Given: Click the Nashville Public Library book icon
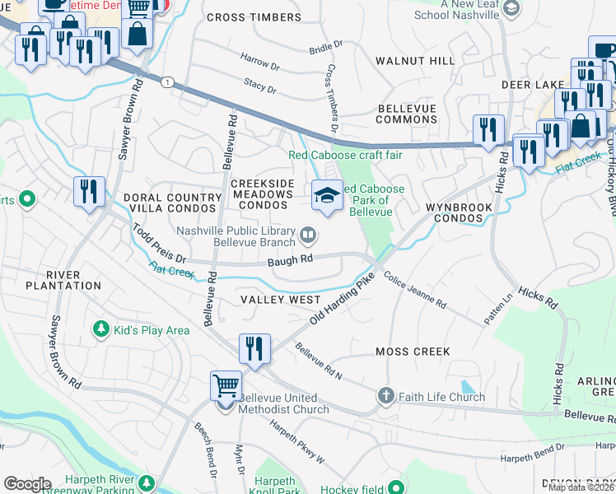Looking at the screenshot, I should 308,236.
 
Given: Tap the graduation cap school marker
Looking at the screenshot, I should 327,196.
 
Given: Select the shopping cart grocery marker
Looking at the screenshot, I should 226,384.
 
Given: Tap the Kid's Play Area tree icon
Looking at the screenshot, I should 102,329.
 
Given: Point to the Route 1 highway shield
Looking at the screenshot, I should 168,82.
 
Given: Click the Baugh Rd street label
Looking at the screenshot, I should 291,259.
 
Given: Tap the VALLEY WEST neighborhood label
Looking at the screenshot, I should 280,300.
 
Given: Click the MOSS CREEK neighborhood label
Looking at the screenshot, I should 413,352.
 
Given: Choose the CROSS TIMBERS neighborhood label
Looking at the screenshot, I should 254,17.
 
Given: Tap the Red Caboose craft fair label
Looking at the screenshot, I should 345,155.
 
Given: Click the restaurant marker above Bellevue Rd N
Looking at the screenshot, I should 254,348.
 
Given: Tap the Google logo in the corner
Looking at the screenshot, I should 28,484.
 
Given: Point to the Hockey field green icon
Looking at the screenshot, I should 395,487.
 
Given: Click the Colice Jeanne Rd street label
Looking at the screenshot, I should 416,292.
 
